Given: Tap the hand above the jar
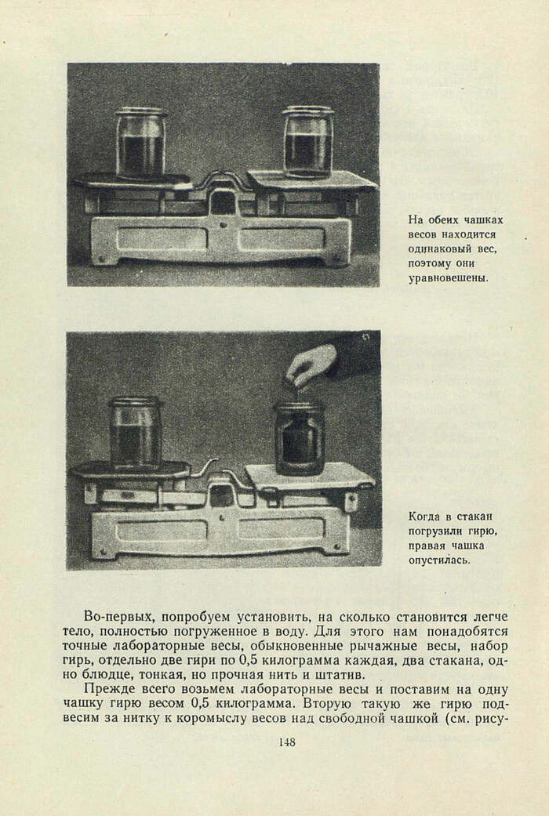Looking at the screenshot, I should (x=311, y=365).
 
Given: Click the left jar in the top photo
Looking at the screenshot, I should (x=141, y=143).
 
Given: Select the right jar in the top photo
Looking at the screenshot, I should (x=307, y=142).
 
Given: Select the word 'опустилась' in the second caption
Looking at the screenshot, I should (x=439, y=560).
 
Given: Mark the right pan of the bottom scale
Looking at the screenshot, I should (x=310, y=476).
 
